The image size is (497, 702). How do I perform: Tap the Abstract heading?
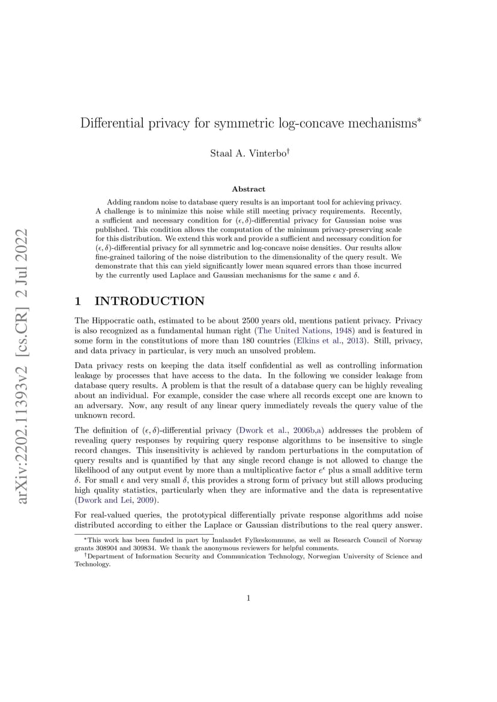coord(248,189)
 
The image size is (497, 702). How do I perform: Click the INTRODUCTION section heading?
coord(149,301)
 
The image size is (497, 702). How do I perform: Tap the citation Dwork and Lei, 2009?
coord(116,500)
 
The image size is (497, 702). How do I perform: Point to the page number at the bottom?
coord(248,597)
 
